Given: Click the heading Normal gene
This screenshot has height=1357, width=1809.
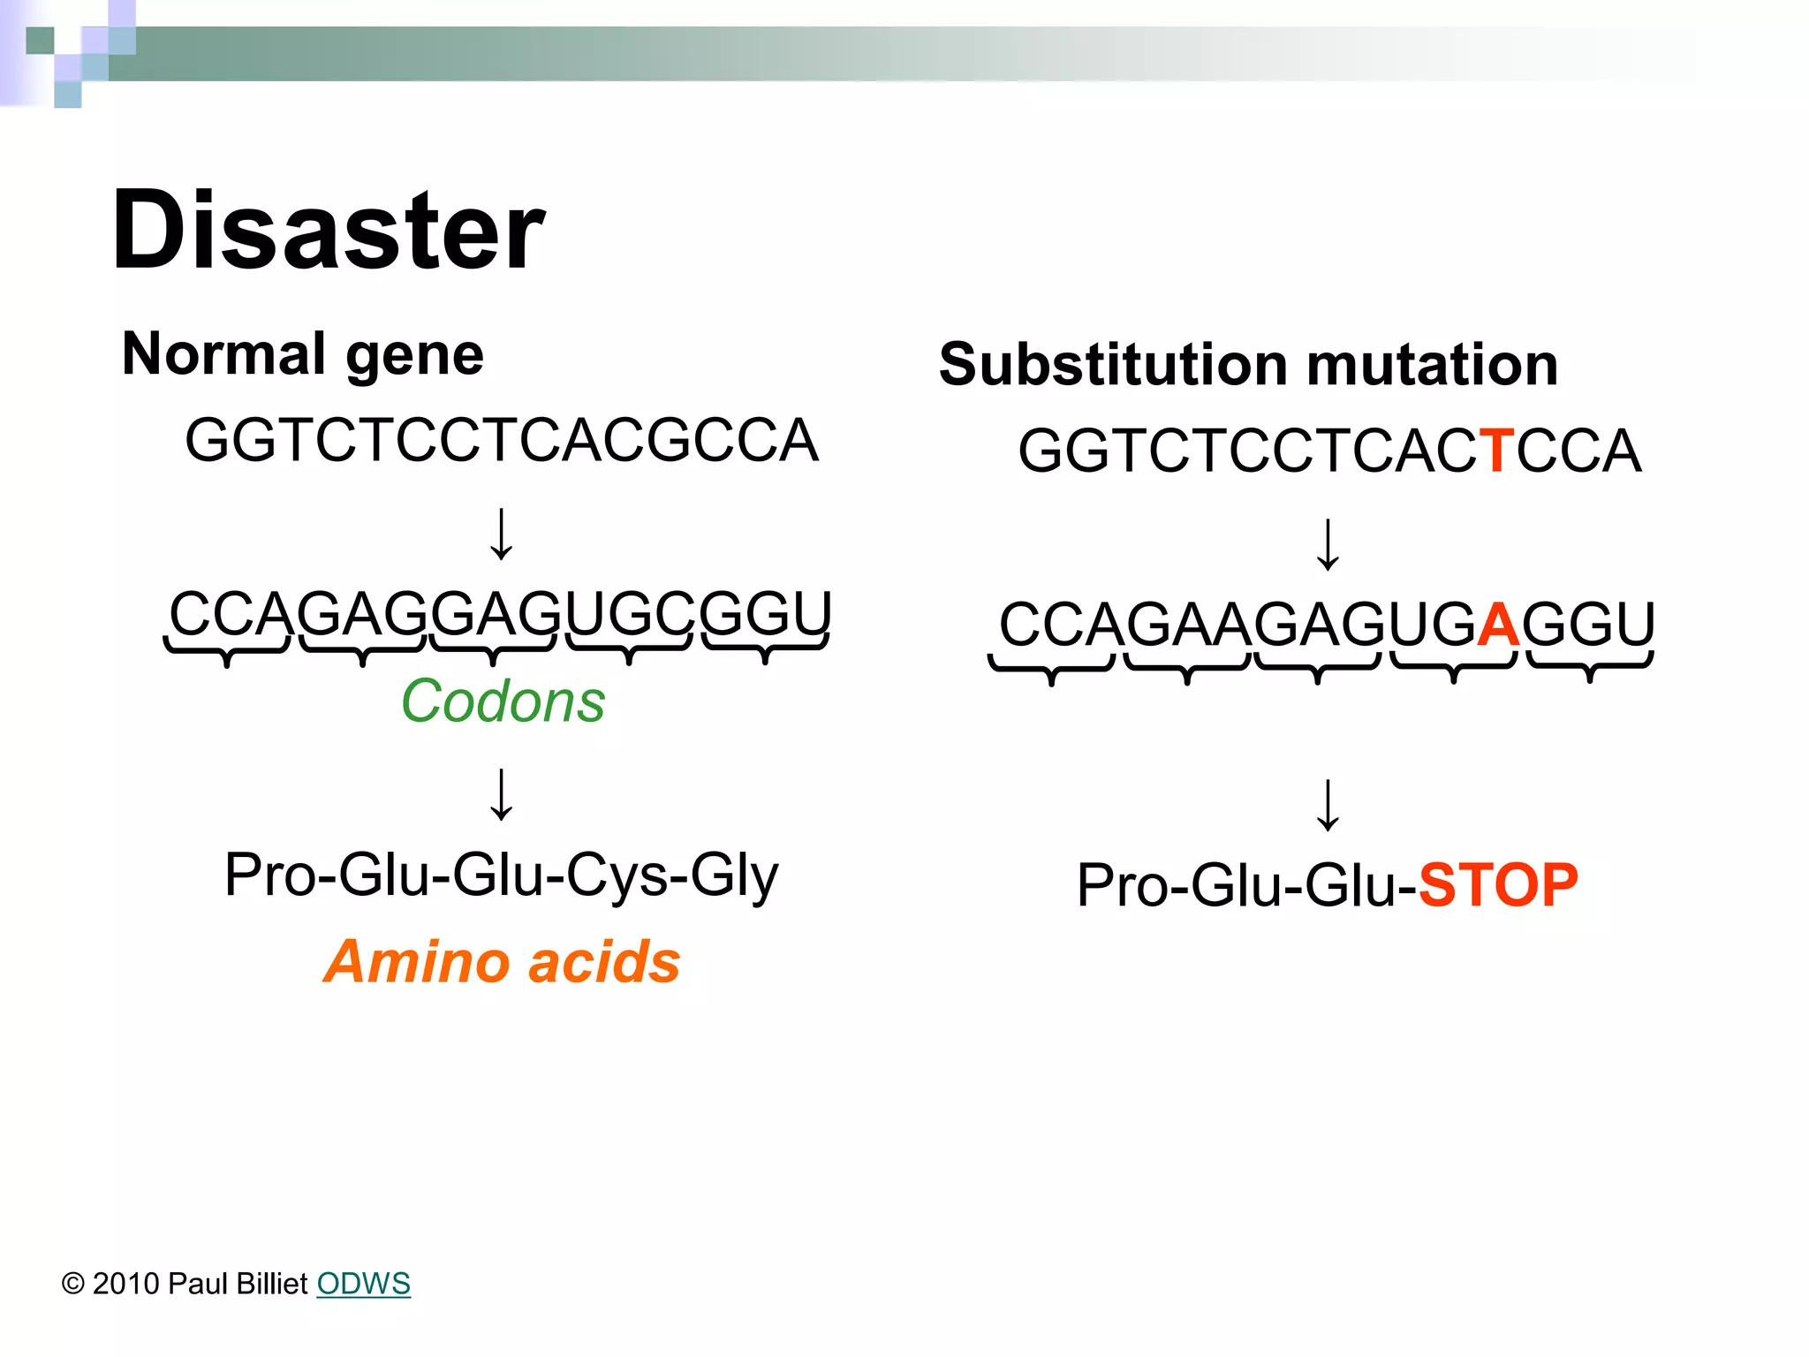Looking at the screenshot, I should pos(303,354).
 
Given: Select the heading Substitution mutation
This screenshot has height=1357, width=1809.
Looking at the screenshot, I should pos(1248,365).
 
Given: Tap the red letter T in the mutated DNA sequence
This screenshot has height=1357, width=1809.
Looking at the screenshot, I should pos(1496,451).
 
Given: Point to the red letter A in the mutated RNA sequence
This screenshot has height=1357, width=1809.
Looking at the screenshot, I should pos(1498,625).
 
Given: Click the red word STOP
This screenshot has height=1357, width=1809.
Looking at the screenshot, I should pos(1498,884).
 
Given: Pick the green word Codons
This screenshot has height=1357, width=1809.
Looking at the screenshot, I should pos(503,701).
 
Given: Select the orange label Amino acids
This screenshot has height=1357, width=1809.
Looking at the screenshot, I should pos(502,961).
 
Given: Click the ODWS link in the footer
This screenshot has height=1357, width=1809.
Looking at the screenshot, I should pos(363,1284).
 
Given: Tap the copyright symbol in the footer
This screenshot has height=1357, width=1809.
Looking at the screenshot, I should pos(72,1284).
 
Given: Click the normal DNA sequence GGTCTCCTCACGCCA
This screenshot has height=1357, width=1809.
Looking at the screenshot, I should pos(502,440).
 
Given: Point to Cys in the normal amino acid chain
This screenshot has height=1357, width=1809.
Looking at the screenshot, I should pos(622,876).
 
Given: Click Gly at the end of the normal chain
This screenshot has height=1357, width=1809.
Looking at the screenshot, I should pos(735,876).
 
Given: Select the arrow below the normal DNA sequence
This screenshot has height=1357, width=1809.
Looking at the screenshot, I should pos(502,534).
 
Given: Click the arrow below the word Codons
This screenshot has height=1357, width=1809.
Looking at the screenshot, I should pos(502,794).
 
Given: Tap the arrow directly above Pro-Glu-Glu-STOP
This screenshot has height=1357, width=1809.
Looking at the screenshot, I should pos(1328,805).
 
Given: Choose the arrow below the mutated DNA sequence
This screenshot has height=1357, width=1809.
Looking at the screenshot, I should pos(1328,545).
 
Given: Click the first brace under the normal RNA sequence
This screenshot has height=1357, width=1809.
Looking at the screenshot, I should pos(227,652).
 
